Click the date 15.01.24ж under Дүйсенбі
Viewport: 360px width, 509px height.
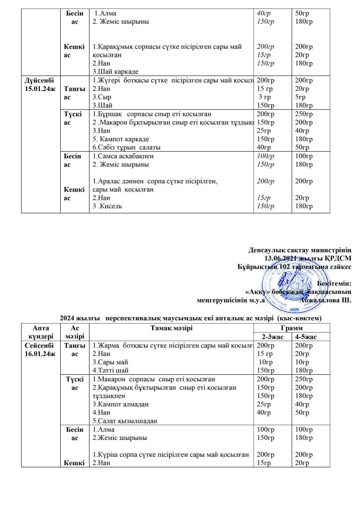tap(40, 88)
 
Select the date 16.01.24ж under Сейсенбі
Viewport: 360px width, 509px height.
tap(40, 353)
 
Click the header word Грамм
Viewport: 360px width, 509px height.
tap(291, 329)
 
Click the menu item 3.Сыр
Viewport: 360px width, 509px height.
tap(102, 97)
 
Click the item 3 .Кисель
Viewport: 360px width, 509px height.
tap(108, 206)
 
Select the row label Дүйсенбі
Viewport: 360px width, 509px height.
tap(40, 80)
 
